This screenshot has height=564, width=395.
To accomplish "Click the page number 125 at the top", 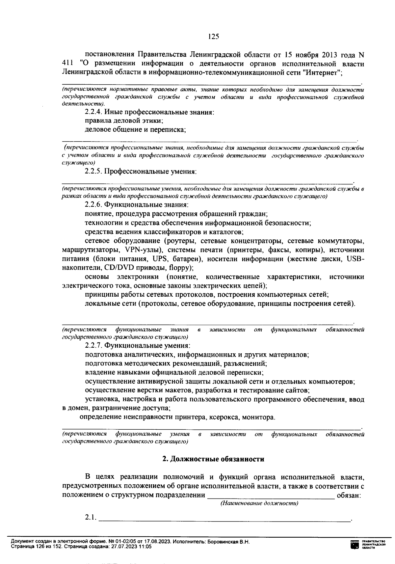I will [214, 37].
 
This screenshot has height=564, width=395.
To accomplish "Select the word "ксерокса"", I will [226, 417].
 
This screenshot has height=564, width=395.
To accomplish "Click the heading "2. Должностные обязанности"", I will [213, 459].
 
